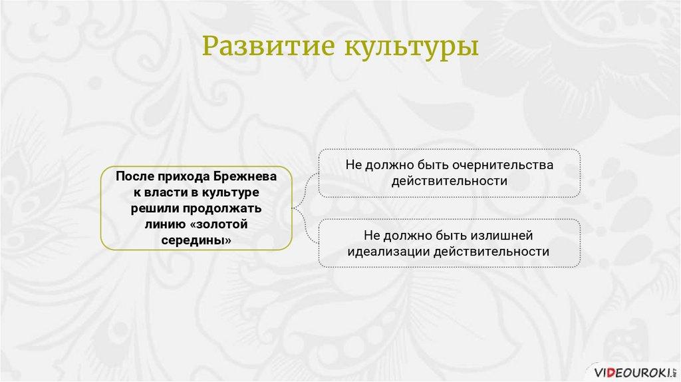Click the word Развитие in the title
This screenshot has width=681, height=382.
point(268,45)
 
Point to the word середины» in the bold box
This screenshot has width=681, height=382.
point(196,240)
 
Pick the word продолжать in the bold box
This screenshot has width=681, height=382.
point(222,209)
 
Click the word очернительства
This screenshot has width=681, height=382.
point(503,165)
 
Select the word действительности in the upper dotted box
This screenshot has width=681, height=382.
point(449,181)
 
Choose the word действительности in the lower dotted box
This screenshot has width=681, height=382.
point(491,251)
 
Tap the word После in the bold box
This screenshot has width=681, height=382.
point(134,176)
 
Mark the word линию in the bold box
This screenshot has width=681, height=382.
point(166,225)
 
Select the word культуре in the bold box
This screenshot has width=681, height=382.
point(231,193)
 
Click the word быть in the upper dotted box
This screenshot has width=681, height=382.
point(434,165)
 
